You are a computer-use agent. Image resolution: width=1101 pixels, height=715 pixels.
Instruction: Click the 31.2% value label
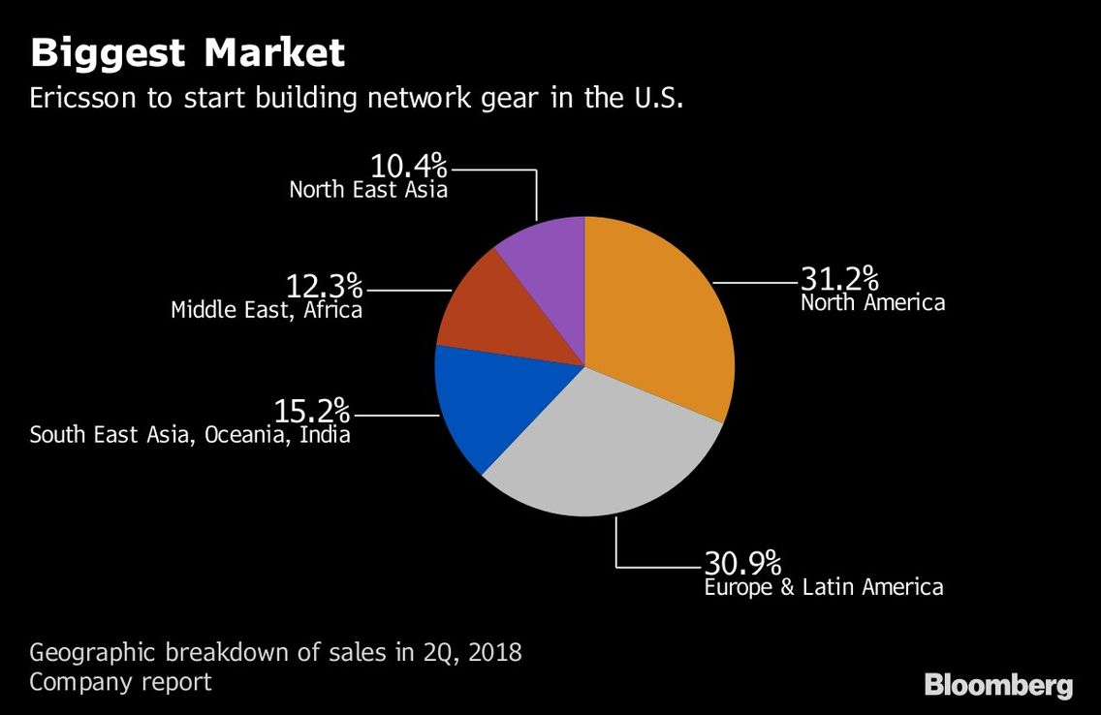click(x=839, y=279)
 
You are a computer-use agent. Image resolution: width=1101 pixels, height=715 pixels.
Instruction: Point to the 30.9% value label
click(x=743, y=563)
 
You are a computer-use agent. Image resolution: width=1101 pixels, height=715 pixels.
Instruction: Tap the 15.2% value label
click(x=312, y=411)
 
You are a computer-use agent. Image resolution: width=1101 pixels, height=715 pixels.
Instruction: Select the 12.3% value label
click(x=325, y=286)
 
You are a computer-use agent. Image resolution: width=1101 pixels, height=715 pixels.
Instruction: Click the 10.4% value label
click(x=409, y=166)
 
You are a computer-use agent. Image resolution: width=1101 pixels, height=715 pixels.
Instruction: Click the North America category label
click(x=873, y=302)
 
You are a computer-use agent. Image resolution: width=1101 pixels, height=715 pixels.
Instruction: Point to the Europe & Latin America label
click(x=824, y=586)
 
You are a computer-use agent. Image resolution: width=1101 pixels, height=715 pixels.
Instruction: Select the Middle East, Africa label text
click(x=267, y=309)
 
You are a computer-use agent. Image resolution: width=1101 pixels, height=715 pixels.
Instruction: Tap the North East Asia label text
click(x=368, y=190)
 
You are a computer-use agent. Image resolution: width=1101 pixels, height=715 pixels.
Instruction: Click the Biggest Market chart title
click(x=187, y=52)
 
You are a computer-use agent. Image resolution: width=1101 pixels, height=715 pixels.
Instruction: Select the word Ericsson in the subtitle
click(x=82, y=98)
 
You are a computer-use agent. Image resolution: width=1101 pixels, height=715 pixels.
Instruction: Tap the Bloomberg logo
click(x=998, y=685)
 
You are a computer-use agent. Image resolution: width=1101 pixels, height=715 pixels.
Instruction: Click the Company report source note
click(x=120, y=682)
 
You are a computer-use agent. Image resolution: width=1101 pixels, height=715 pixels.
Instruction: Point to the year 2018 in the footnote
click(x=495, y=653)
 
